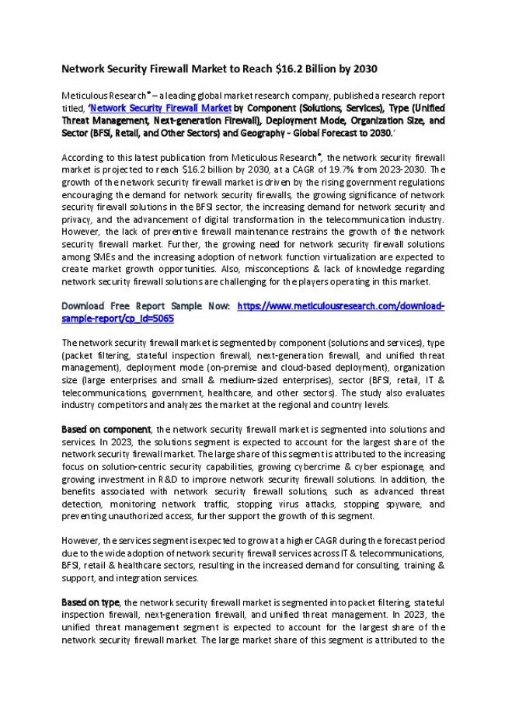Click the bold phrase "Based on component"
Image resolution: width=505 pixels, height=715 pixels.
coord(106,430)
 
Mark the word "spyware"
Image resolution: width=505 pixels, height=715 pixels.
coord(401,504)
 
